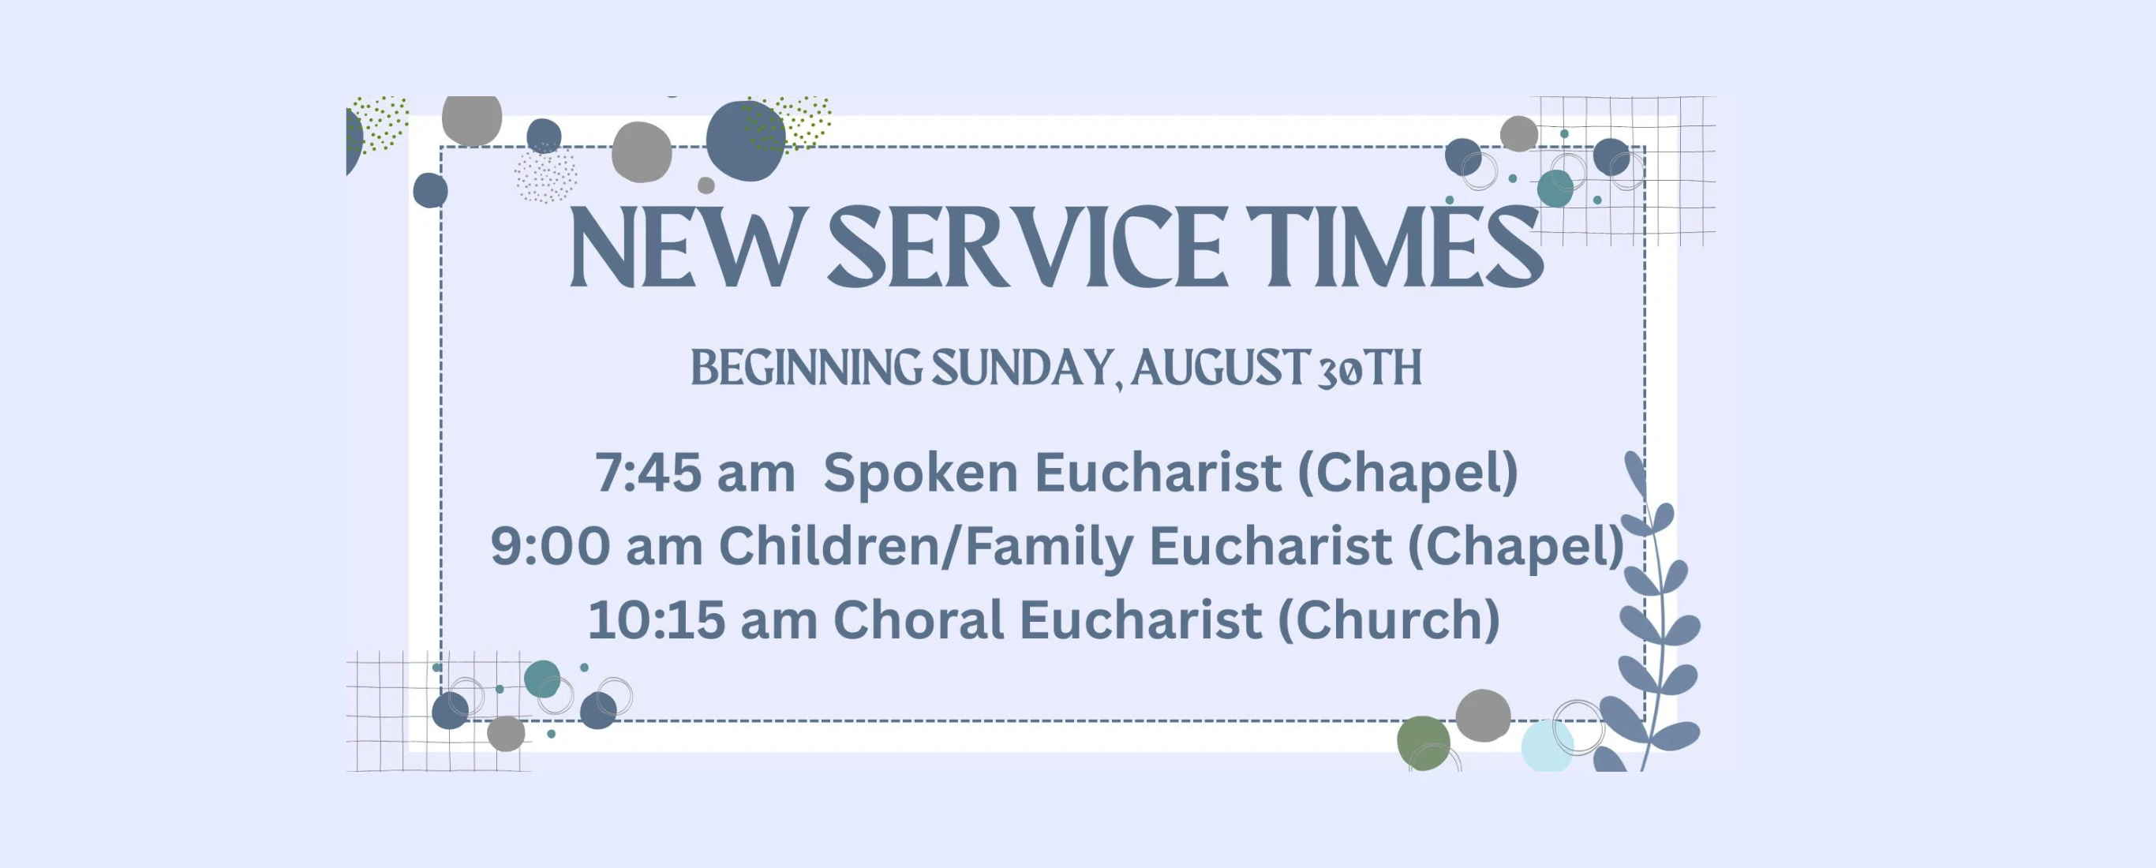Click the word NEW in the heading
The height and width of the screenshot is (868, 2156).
click(683, 248)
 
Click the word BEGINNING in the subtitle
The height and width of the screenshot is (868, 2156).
click(806, 369)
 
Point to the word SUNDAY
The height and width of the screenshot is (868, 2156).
click(1023, 369)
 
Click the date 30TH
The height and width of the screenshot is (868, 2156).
click(1369, 369)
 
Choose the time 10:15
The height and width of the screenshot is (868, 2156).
click(656, 620)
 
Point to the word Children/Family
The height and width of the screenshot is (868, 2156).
click(926, 548)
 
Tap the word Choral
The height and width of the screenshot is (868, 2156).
click(918, 619)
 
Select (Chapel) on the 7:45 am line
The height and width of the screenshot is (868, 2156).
click(1408, 473)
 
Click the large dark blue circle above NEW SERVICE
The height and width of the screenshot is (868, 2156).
click(745, 140)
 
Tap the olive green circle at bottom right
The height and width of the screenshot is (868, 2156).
click(1424, 743)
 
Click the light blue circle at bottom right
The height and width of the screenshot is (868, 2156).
click(1547, 746)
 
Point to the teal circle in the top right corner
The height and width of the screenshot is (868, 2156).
click(1555, 189)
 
